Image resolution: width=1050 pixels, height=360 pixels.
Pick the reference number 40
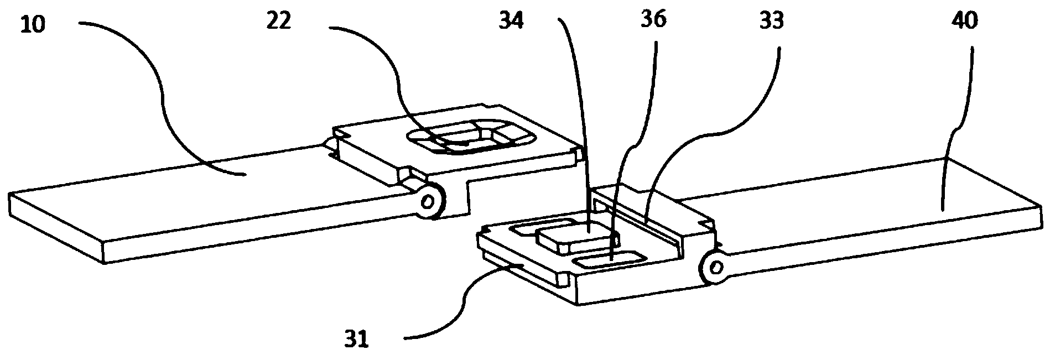tap(965, 20)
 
